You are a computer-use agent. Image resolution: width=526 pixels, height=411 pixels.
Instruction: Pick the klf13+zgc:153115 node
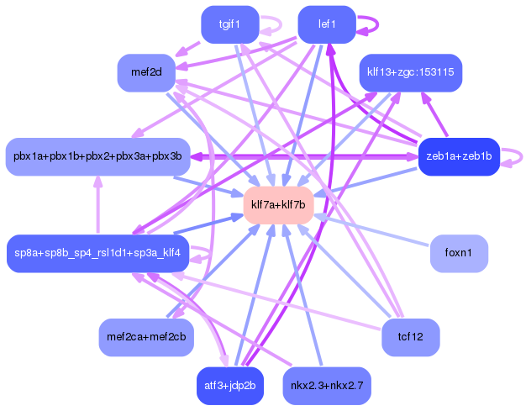click(x=411, y=72)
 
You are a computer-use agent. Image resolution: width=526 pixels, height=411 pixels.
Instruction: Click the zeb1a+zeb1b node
click(x=459, y=156)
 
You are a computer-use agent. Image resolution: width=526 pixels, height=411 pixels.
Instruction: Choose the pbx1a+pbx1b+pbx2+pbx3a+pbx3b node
click(x=97, y=156)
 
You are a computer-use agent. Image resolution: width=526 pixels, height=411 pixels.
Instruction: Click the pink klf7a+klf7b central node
click(x=278, y=205)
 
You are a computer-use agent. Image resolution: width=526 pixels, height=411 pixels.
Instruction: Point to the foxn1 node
click(x=459, y=253)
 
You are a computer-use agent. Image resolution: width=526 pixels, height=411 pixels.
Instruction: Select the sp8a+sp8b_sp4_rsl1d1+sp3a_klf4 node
click(x=97, y=253)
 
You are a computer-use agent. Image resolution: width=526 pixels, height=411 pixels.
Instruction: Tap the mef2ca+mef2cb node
click(x=146, y=336)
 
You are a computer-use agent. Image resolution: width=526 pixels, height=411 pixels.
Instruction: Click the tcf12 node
click(x=411, y=336)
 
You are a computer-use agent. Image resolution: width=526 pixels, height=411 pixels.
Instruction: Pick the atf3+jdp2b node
click(x=229, y=385)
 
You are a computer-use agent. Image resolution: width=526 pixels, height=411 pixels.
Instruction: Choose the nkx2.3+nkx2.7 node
click(x=327, y=385)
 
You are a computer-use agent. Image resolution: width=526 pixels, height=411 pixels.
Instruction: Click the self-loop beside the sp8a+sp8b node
click(x=202, y=252)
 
